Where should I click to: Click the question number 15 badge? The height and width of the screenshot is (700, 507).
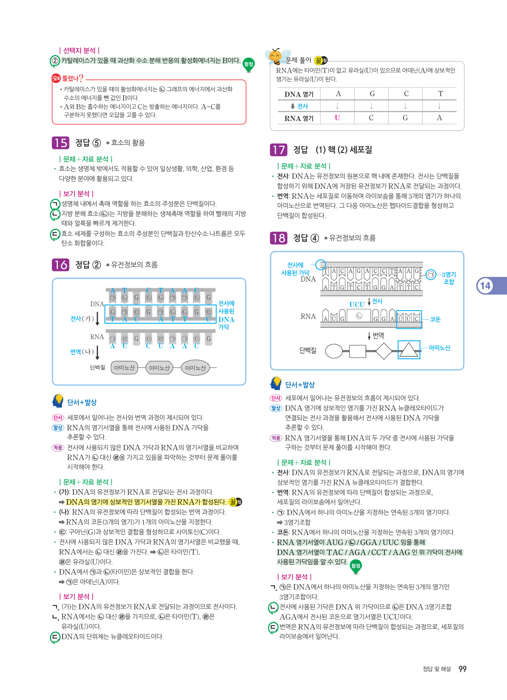pos(60,143)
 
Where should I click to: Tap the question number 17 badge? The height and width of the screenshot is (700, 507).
pos(278,150)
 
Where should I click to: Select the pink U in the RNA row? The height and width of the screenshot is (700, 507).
pos(337,118)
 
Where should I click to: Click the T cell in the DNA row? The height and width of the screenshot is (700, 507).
pos(440,94)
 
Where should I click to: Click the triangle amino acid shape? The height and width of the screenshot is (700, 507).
pos(409,350)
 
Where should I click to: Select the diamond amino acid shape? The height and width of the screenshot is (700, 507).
pos(384,351)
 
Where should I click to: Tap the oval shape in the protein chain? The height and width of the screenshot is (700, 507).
pos(334,351)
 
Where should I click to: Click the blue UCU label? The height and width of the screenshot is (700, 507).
pos(357,305)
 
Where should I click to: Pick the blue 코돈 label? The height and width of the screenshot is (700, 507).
pos(435,319)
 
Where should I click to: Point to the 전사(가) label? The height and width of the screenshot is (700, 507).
pos(82,318)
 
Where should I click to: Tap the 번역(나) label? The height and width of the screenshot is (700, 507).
pos(82,352)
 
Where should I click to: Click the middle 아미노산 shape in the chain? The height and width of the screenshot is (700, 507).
pos(159,368)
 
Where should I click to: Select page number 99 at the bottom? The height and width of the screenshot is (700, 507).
pos(462,669)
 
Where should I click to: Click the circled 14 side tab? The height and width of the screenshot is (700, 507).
pos(485,286)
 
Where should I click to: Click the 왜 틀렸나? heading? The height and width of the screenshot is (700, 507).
pos(68,78)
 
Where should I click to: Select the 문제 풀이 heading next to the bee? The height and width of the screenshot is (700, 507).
pos(298,60)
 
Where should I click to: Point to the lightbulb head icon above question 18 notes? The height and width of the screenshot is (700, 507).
pos(276,383)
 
